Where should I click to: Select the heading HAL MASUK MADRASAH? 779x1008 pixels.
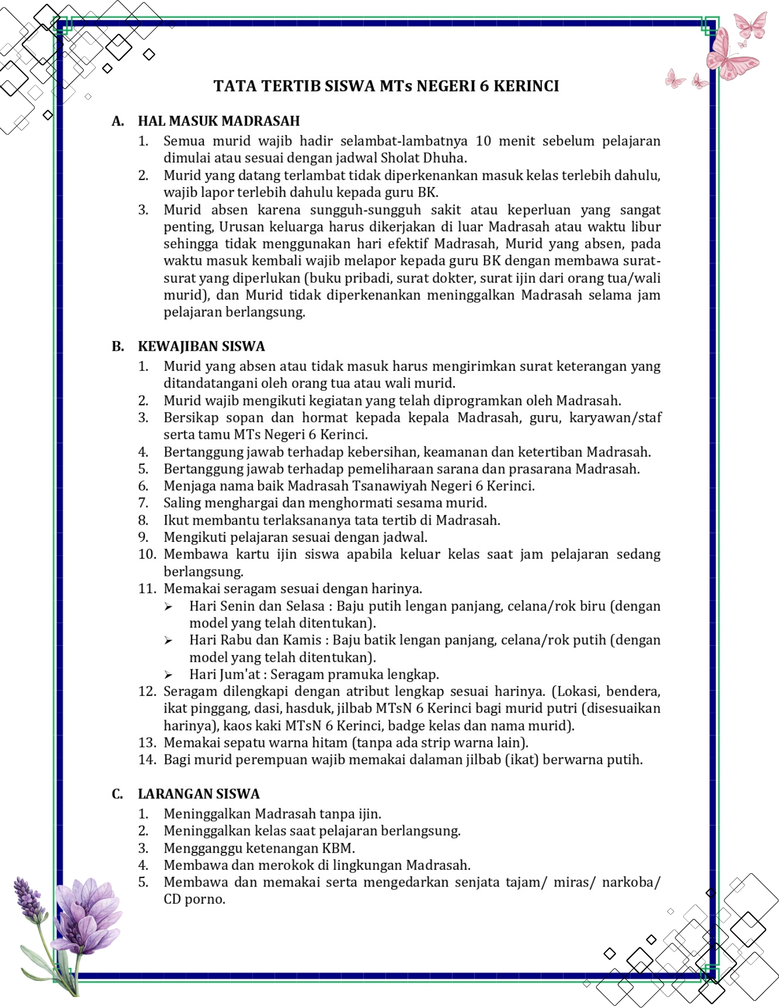(219, 121)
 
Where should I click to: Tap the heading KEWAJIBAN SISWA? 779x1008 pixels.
(201, 346)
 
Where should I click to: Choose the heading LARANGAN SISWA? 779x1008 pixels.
(199, 794)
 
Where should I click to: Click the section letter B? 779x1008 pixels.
(117, 346)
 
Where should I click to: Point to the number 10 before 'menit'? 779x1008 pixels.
(483, 141)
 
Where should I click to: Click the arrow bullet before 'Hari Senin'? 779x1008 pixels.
(168, 607)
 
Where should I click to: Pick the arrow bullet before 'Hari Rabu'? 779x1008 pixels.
(168, 641)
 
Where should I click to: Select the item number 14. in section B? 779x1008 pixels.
(148, 760)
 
